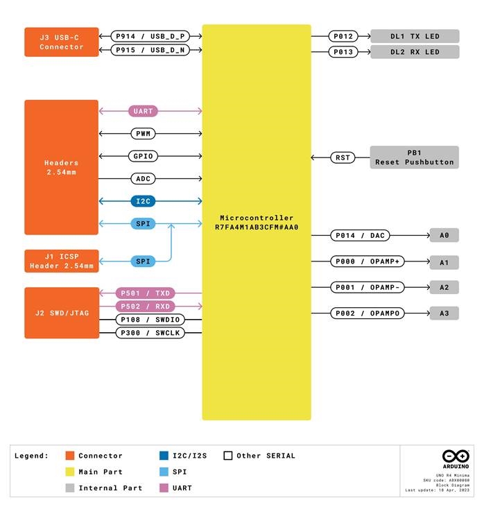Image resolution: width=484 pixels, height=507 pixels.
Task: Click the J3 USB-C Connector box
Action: pos(62,42)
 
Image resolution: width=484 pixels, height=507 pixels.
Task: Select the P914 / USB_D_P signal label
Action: pos(150,35)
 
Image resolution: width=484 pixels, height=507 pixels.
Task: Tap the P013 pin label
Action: pos(343,52)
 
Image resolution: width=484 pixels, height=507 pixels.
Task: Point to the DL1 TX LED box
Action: pos(415,36)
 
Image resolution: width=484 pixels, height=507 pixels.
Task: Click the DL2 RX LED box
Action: pos(415,52)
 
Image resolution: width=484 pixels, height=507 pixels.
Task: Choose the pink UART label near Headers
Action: pos(143,111)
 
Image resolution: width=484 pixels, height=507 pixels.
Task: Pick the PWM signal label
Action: pos(143,133)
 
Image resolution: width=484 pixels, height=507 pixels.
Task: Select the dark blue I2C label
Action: pos(143,201)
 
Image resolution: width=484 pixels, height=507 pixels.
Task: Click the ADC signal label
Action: pos(143,179)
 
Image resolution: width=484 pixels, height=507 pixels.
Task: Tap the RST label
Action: pos(343,157)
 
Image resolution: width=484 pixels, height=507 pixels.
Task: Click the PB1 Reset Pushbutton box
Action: pos(415,157)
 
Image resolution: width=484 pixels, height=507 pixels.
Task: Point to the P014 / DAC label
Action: pos(359,236)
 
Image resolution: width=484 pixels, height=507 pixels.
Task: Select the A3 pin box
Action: pos(444,313)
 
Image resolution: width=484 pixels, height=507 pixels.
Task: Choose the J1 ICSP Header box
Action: pos(62,261)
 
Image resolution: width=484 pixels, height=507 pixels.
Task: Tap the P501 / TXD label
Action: pos(144,293)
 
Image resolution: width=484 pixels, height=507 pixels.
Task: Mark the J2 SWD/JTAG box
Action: pos(62,313)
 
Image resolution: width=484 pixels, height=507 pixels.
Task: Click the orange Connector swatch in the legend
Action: pos(69,456)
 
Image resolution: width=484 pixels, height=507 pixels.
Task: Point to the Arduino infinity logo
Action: pos(456,456)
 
